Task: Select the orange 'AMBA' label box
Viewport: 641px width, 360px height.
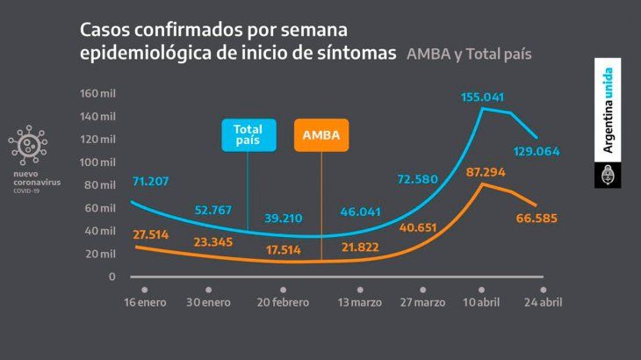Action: coord(320,136)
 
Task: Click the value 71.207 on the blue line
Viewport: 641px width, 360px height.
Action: coord(150,183)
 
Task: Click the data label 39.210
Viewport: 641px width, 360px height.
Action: coord(284,221)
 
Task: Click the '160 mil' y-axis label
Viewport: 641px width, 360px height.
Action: coord(97,94)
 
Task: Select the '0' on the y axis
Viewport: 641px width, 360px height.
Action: coord(112,277)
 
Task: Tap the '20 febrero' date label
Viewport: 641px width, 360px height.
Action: coord(283,303)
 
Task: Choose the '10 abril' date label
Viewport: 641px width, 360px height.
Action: coord(482,303)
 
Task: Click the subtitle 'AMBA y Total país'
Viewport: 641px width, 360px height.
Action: coord(469,54)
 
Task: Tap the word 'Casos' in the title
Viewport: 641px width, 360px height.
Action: coord(105,29)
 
